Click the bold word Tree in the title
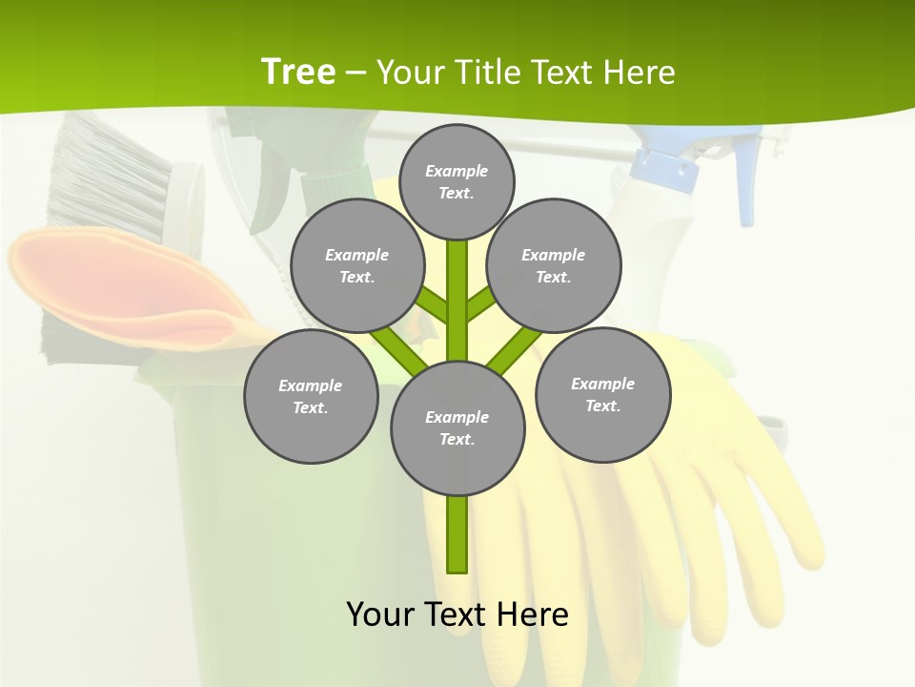298,72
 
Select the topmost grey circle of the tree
457,181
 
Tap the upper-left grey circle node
356,265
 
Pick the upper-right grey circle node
554,265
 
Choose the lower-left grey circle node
311,396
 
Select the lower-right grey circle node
602,394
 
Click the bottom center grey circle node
457,427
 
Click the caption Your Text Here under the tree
457,614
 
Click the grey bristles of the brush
105,177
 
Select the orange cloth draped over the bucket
124,286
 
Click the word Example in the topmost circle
457,171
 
